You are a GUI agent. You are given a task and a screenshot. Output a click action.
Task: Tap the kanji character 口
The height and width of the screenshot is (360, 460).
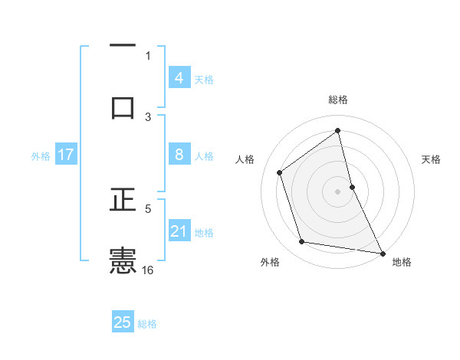click(x=123, y=107)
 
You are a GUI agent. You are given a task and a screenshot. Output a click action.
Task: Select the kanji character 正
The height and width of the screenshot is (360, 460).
click(x=123, y=201)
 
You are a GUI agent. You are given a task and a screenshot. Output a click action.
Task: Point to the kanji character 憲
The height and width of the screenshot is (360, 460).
click(x=123, y=260)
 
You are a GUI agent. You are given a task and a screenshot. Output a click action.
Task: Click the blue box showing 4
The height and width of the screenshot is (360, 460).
click(x=179, y=78)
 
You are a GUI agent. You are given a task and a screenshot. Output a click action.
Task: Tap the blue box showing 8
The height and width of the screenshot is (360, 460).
click(x=179, y=155)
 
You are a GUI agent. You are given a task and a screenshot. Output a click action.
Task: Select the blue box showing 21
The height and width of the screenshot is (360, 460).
click(x=179, y=231)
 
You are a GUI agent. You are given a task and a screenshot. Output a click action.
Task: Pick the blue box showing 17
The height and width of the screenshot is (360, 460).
click(x=66, y=155)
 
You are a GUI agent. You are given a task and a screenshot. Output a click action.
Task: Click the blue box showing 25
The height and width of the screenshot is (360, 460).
click(x=123, y=322)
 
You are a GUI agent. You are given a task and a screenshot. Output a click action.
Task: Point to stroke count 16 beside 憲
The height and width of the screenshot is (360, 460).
click(x=148, y=270)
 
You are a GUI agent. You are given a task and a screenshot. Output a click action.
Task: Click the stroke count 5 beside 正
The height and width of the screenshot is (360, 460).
click(x=148, y=207)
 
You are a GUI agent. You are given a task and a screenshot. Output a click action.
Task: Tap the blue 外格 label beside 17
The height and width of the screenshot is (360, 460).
click(x=41, y=155)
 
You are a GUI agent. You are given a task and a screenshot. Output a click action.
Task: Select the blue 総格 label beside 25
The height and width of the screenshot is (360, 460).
click(x=147, y=323)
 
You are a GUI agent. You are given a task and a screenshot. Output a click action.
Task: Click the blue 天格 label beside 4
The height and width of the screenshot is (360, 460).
click(x=204, y=79)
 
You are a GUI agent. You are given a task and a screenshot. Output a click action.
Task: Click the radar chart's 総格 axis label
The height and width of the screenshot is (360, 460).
click(x=338, y=100)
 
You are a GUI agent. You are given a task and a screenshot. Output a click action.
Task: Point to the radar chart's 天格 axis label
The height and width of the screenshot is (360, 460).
click(x=431, y=159)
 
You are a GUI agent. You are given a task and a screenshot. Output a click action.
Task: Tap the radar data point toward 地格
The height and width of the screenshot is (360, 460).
click(x=382, y=252)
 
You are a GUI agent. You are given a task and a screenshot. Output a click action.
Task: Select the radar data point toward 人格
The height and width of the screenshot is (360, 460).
click(x=280, y=172)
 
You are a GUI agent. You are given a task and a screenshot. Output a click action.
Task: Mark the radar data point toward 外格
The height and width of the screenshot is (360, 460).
click(x=302, y=242)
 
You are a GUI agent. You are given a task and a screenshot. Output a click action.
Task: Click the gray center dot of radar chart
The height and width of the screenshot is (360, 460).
click(x=338, y=191)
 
